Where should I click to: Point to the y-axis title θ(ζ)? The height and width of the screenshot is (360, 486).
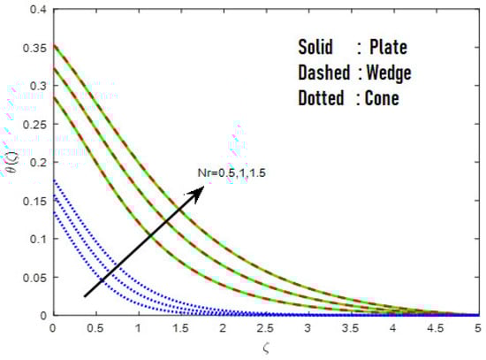9,163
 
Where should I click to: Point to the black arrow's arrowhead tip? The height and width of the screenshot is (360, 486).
203,184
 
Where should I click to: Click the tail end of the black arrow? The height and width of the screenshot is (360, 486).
84,296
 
